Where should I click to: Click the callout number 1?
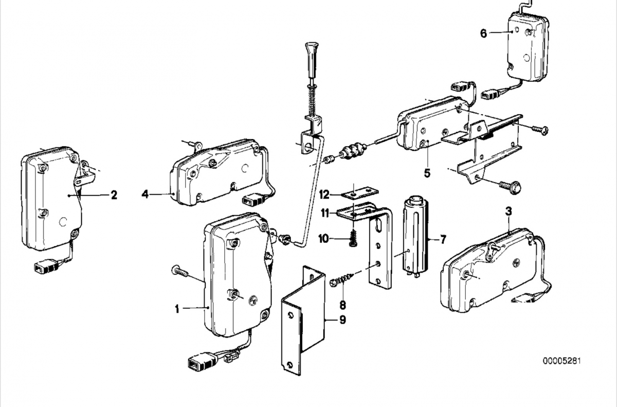177,309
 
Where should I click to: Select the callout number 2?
114,195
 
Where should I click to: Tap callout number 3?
509,211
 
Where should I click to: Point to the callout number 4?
146,194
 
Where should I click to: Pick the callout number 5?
427,172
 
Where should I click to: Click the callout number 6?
483,33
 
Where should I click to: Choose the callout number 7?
443,239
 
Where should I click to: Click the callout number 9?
342,320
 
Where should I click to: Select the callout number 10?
323,238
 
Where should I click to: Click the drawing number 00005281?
562,361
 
